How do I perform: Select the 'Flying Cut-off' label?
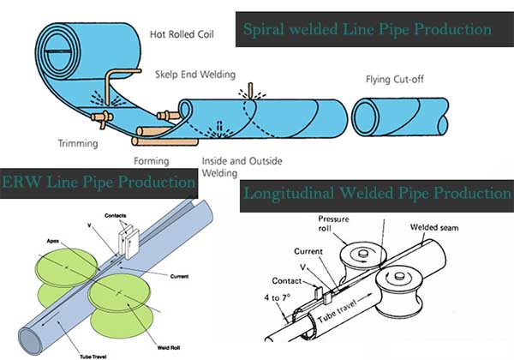click(x=390, y=82)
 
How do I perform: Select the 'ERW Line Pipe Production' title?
click(x=98, y=182)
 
